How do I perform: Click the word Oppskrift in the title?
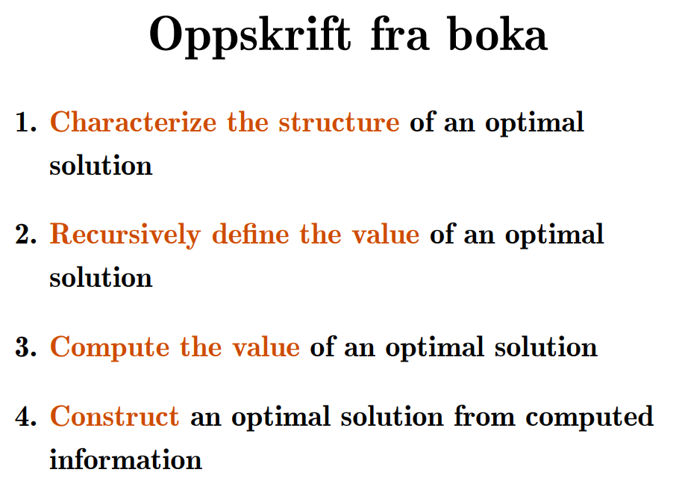249,37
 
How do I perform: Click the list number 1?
25,122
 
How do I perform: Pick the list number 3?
25,347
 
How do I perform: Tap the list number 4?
25,416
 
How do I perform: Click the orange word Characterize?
133,122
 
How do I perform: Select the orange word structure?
339,123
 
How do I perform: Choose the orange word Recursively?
125,235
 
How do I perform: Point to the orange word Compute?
110,348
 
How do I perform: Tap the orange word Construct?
114,417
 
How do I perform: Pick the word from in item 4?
484,416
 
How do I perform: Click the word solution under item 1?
101,165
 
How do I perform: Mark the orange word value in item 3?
266,347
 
